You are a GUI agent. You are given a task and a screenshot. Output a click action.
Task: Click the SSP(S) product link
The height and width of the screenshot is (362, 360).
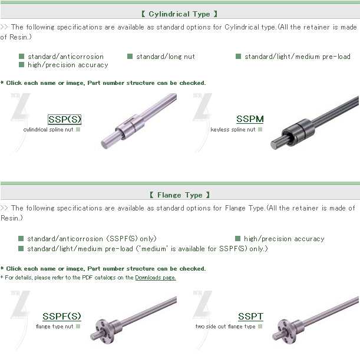pos(65,119)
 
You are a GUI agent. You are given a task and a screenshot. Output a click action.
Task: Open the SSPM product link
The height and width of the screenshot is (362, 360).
pos(250,119)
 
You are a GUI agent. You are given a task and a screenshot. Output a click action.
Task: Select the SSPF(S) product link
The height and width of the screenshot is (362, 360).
pos(62,316)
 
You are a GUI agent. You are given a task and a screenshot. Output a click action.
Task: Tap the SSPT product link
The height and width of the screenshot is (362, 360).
pos(250,316)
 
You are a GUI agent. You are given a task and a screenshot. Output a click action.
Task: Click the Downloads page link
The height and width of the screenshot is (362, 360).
pos(156,278)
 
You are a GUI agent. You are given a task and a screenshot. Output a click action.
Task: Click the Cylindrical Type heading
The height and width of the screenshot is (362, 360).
pos(179,14)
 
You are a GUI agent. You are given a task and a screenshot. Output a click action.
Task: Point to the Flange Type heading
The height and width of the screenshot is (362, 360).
pos(180,195)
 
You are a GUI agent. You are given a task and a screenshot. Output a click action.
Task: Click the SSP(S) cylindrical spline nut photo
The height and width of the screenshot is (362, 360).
pos(138,121)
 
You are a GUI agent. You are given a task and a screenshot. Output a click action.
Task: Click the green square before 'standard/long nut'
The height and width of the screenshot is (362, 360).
pos(130,57)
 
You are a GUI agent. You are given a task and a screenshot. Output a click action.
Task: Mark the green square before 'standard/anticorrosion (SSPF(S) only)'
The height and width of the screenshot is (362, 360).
pos(21,238)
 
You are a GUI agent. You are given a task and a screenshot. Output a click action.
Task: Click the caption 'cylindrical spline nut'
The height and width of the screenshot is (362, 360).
pos(48,130)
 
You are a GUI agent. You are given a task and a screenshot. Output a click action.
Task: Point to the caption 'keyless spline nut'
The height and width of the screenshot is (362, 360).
pos(233,130)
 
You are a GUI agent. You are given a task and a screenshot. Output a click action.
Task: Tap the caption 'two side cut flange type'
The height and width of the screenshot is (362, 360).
pos(225,327)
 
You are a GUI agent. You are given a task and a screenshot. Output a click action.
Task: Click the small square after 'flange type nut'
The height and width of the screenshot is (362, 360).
pos(78,327)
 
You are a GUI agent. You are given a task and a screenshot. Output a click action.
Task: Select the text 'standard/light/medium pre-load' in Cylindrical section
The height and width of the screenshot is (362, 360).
pos(298,57)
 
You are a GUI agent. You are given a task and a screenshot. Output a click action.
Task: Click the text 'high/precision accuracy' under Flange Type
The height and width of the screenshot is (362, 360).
pos(284,239)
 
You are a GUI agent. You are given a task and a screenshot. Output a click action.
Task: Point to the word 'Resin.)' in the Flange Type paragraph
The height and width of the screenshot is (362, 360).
pos(12,218)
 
